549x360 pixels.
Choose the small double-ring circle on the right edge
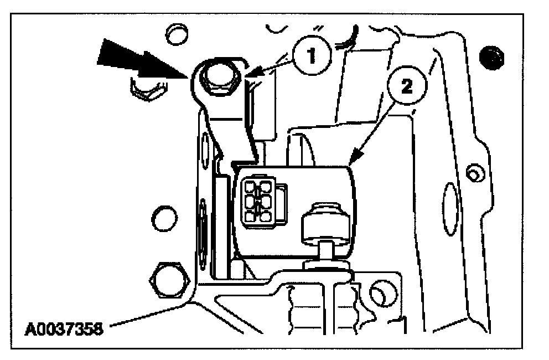(472, 173)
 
